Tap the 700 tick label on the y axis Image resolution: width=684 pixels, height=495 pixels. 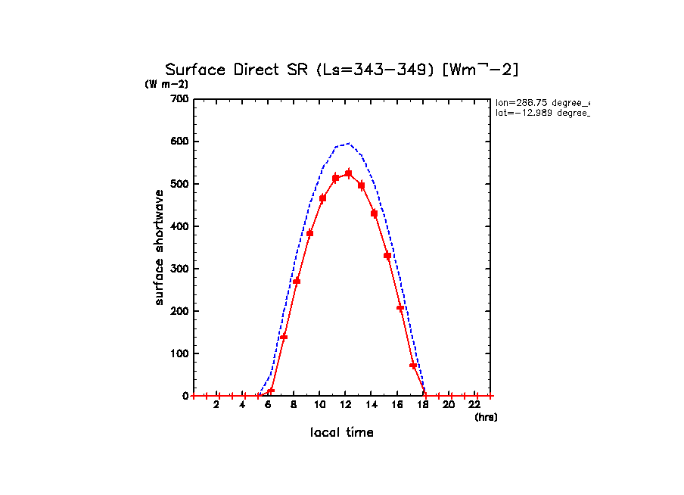click(x=179, y=99)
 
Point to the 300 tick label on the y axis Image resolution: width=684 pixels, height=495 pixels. click(x=179, y=269)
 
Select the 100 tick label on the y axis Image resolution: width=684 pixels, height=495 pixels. click(x=179, y=353)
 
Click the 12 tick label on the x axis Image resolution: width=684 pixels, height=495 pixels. click(x=345, y=405)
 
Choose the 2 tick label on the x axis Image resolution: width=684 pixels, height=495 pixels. click(x=216, y=405)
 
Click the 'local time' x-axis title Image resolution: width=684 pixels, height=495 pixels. click(x=341, y=433)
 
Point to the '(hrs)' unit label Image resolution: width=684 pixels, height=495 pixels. click(x=486, y=417)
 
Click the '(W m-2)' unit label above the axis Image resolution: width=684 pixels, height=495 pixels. click(x=166, y=84)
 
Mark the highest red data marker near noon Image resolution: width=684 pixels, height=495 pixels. click(x=348, y=173)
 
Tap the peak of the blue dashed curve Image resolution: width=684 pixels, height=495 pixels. click(x=347, y=143)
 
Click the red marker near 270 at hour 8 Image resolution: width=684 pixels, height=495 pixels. click(x=297, y=281)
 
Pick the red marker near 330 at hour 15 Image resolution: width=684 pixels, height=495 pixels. click(x=387, y=256)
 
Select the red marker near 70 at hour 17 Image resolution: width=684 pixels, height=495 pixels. click(x=413, y=366)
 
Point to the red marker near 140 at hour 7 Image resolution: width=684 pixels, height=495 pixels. click(x=284, y=337)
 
